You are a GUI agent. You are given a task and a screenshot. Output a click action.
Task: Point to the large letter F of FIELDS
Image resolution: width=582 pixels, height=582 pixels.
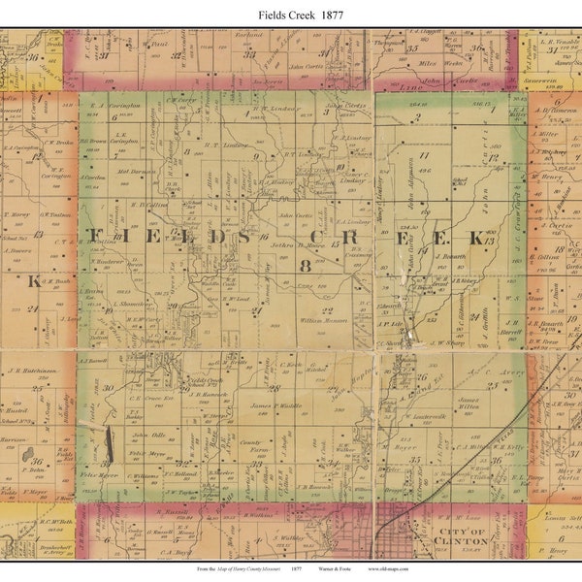point(94,237)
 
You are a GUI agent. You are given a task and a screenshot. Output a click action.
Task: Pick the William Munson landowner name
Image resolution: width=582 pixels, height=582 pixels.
point(323,319)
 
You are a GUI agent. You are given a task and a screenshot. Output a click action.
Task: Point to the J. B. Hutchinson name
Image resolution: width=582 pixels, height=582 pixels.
point(39,371)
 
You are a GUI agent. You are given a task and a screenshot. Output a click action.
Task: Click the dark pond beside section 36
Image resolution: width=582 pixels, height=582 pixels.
point(29,454)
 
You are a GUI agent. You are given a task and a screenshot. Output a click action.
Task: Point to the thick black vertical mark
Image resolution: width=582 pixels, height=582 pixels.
point(109,442)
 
